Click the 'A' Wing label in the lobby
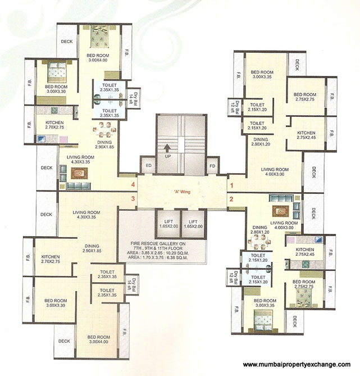180,192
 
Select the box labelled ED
149,166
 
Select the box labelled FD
212,166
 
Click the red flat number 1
230,184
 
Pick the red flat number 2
230,198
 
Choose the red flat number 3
133,198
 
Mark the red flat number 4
133,184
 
